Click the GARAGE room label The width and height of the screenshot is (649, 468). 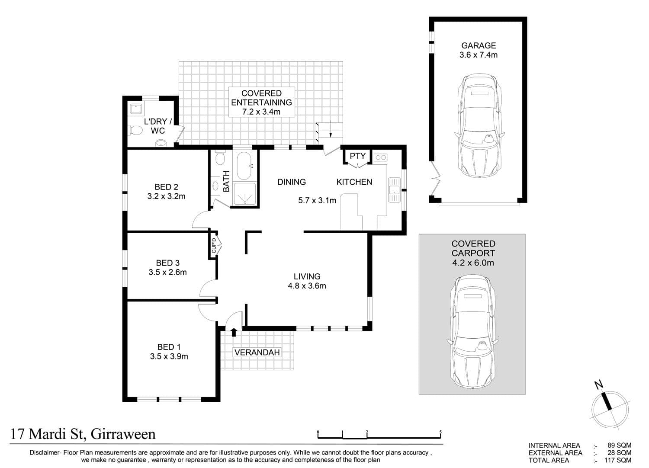tap(479, 45)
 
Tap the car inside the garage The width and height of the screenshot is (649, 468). tap(479, 125)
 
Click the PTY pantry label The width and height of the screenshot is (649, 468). tap(357, 156)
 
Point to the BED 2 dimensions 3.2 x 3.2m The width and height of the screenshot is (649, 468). tap(166, 196)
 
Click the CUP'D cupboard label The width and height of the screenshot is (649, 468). tap(214, 245)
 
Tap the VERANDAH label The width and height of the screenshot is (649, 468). tap(257, 352)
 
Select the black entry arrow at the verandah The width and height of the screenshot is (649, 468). tap(234, 332)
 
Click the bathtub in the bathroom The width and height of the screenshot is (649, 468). tap(244, 166)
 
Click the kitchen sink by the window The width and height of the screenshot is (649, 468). tap(394, 190)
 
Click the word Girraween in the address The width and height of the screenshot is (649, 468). tap(123, 434)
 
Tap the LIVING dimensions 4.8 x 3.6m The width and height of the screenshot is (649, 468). tap(307, 286)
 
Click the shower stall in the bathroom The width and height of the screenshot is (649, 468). tap(245, 193)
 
